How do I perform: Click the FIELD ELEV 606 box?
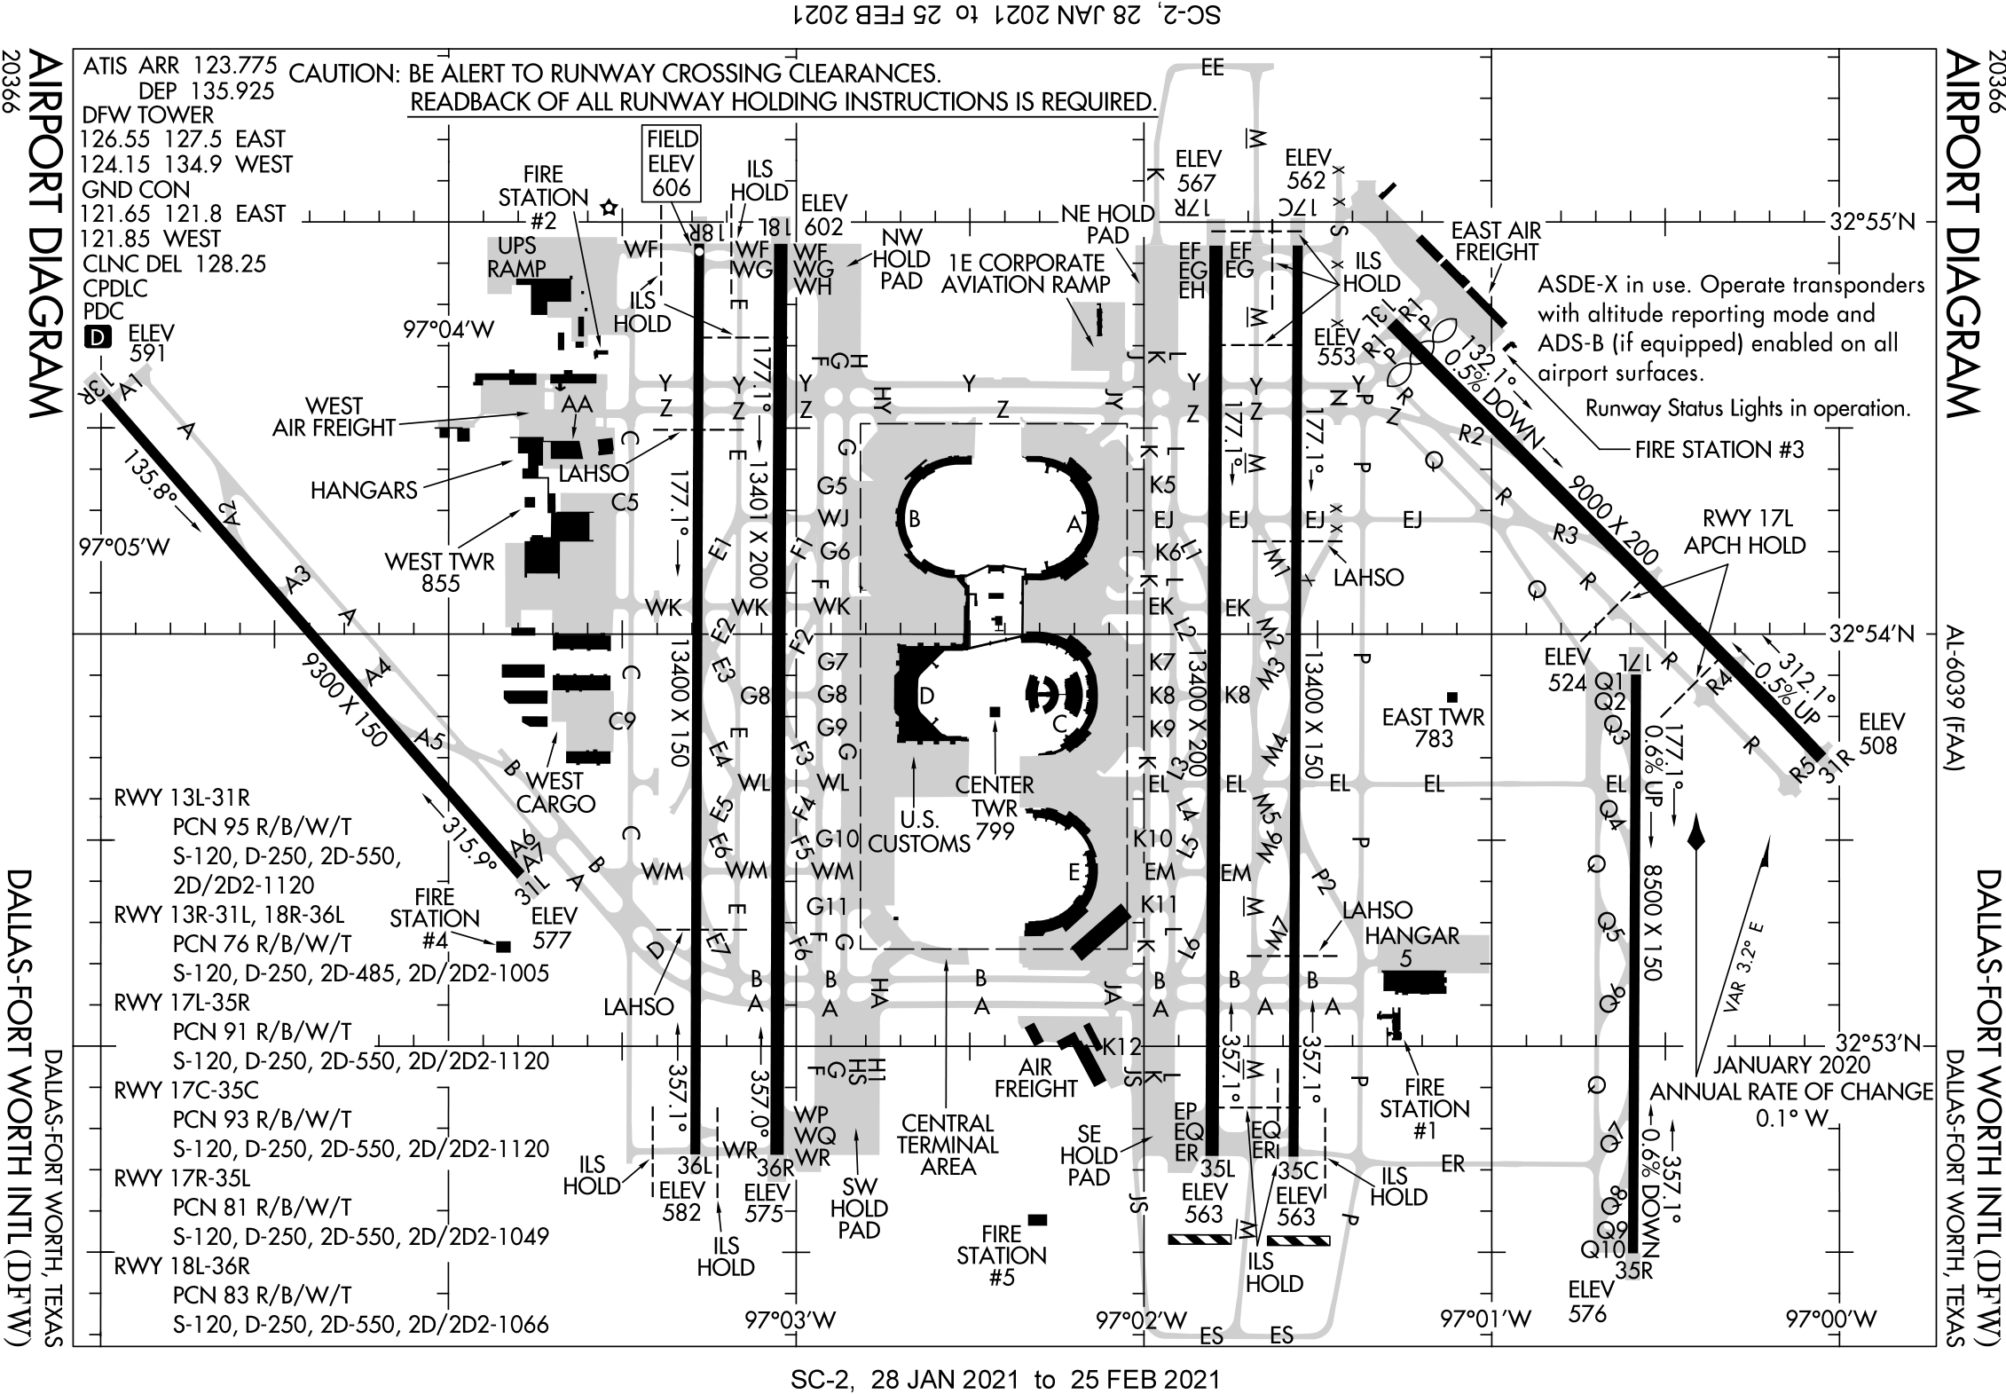click(673, 162)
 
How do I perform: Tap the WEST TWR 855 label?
click(440, 571)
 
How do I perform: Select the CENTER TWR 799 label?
click(994, 807)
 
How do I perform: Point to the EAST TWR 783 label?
click(1433, 727)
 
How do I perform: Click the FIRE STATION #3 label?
click(1719, 449)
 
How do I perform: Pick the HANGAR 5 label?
click(1412, 946)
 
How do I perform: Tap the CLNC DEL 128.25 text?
click(174, 264)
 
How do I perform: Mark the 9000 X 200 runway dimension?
click(1613, 520)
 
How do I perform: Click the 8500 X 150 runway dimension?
click(1651, 923)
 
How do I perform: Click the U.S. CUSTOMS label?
click(918, 831)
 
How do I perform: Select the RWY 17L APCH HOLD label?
click(1745, 532)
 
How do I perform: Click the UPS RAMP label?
click(516, 256)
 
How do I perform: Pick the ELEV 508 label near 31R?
click(1882, 734)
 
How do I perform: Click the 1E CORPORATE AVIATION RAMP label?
click(1025, 274)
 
